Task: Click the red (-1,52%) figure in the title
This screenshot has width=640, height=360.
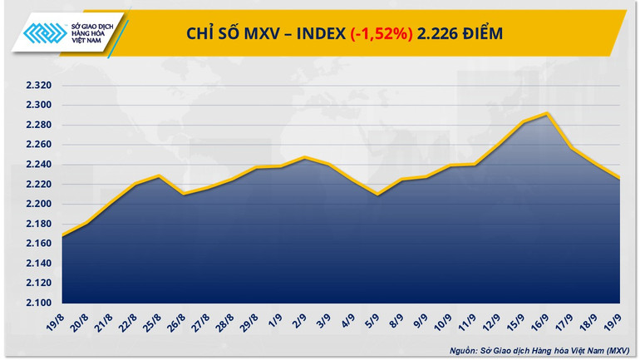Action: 381,33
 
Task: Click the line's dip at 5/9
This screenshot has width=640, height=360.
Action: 377,195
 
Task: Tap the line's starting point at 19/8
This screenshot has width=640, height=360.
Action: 62,236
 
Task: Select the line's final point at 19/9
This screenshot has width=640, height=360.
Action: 620,178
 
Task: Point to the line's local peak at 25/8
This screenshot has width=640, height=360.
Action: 159,176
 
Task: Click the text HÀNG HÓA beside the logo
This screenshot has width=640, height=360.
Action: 98,33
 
